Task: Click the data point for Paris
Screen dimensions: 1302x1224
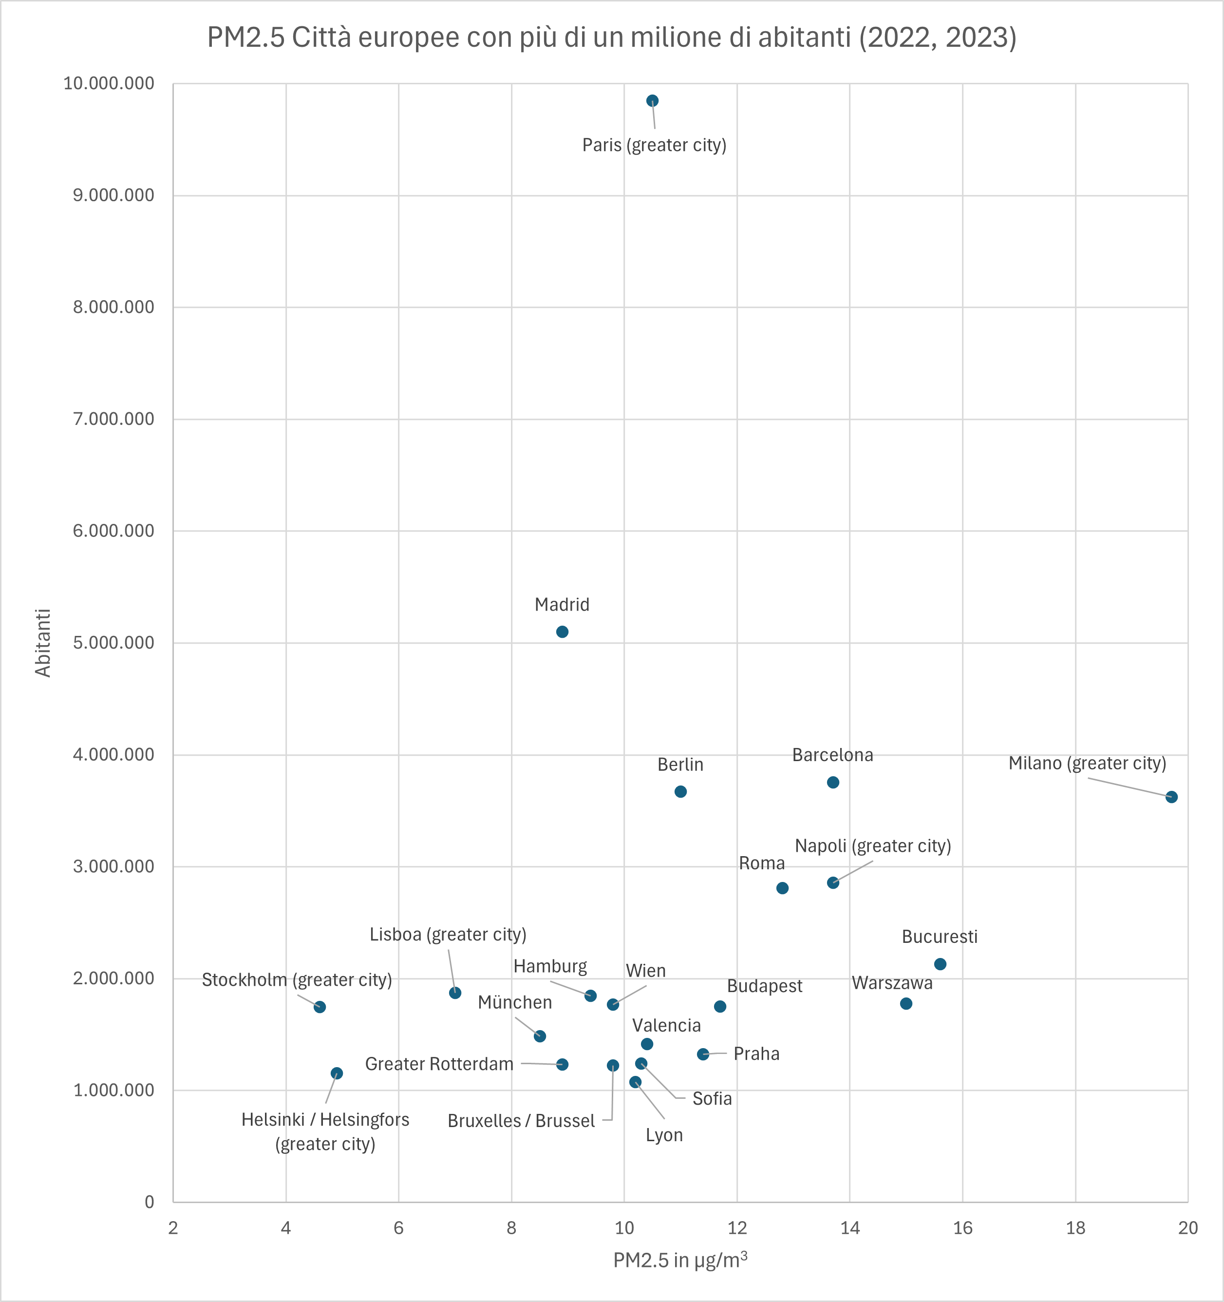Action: (x=652, y=101)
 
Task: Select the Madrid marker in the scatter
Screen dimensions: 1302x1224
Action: (x=562, y=632)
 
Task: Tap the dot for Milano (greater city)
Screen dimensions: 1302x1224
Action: (x=1171, y=797)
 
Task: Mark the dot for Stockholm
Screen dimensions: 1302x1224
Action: (x=320, y=1007)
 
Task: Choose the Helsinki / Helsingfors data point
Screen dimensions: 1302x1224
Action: (x=337, y=1073)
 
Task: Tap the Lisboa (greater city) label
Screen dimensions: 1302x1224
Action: (x=448, y=935)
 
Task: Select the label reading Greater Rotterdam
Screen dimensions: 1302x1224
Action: (x=439, y=1064)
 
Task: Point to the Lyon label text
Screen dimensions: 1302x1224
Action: (x=664, y=1135)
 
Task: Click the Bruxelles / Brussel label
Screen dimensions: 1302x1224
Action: (x=521, y=1121)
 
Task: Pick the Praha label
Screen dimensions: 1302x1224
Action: (x=756, y=1054)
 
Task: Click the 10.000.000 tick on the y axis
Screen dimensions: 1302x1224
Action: (x=109, y=84)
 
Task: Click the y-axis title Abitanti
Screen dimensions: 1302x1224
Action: (x=43, y=643)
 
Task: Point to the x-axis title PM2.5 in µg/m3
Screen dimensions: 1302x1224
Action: (x=680, y=1260)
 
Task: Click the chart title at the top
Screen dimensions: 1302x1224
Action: (x=612, y=38)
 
